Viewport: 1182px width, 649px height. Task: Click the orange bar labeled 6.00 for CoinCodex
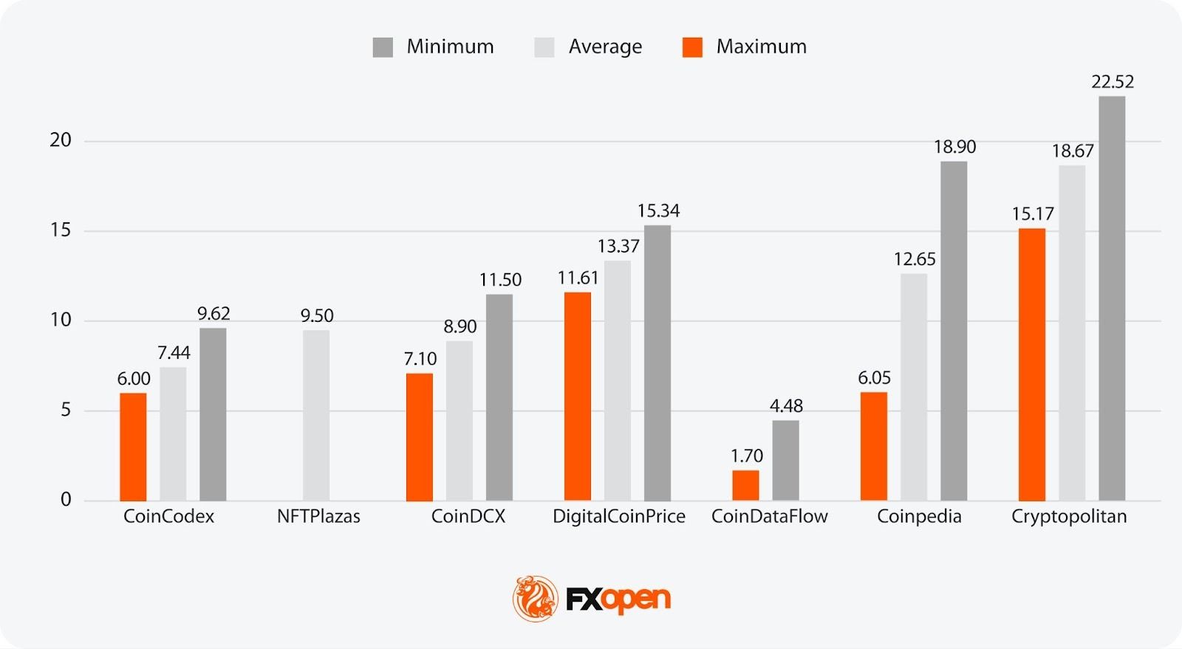(133, 447)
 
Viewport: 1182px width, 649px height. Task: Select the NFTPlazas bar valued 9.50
(316, 415)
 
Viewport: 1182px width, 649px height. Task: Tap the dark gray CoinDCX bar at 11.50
(499, 397)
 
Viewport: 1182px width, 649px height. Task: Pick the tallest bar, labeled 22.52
(1112, 298)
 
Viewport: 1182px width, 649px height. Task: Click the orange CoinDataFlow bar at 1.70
(745, 485)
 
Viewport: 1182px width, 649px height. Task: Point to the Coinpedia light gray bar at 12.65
(914, 387)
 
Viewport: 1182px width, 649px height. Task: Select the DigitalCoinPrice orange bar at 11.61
(578, 396)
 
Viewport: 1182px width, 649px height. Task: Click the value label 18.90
(954, 147)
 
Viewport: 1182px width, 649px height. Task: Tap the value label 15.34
(658, 211)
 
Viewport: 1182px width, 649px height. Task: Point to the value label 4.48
(786, 406)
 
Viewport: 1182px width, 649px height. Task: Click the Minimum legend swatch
(383, 47)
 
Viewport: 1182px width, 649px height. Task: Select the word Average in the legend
(605, 47)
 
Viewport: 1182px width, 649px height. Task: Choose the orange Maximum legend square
(692, 47)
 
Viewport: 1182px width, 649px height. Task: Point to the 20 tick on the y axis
(61, 140)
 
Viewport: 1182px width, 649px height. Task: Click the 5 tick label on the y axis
(66, 410)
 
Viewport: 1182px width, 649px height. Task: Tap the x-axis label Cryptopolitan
(1069, 516)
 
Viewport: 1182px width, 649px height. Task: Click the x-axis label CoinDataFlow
(769, 516)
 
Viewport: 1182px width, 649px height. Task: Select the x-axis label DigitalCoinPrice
(619, 516)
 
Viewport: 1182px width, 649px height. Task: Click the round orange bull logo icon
(536, 598)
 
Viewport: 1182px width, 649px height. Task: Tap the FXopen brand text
(618, 599)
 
